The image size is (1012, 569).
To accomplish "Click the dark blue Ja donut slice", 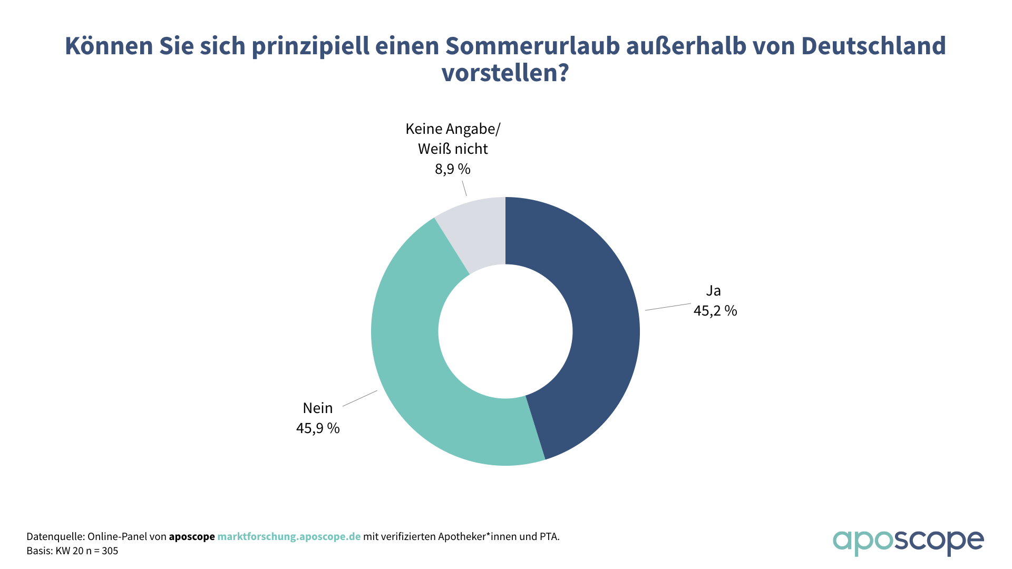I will click(x=601, y=327).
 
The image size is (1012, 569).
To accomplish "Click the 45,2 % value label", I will click(x=715, y=311).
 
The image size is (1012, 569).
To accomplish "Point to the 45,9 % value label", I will click(x=318, y=428).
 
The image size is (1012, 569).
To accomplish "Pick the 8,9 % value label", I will click(x=452, y=169).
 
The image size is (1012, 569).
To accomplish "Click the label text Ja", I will click(x=713, y=291).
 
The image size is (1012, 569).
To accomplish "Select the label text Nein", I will click(x=318, y=408).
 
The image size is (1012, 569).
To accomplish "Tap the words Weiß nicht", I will click(x=453, y=149).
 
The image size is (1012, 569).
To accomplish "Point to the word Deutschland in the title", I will click(x=873, y=46).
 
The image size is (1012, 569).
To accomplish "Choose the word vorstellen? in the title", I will click(x=505, y=73).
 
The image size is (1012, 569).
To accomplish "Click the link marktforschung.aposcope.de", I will click(x=289, y=537).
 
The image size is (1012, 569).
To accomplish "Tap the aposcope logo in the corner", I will click(x=908, y=542).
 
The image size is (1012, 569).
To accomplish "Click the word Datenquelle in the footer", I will click(x=55, y=537).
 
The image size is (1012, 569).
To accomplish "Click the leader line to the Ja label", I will click(x=668, y=307).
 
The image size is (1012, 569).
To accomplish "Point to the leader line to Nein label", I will click(x=360, y=398).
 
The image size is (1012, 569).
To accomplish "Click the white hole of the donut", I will click(x=505, y=331).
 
